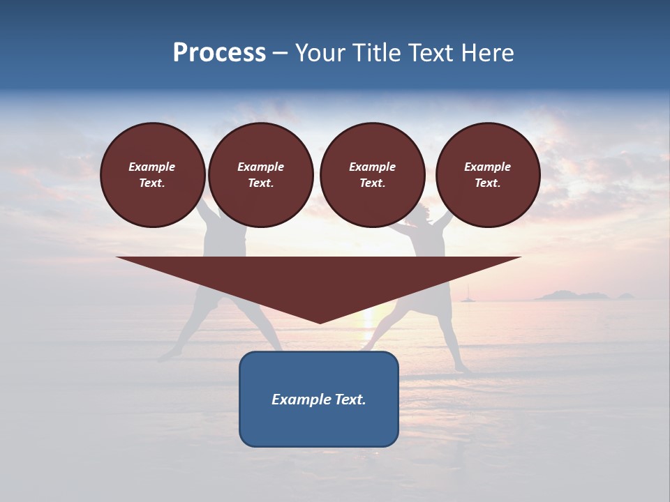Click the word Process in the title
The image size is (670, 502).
pyautogui.click(x=219, y=53)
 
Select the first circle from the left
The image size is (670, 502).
pyautogui.click(x=152, y=175)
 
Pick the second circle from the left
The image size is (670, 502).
pyautogui.click(x=260, y=175)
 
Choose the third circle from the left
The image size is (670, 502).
pyautogui.click(x=372, y=175)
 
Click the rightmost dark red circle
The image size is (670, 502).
pyautogui.click(x=487, y=175)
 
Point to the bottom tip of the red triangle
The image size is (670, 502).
pyautogui.click(x=320, y=322)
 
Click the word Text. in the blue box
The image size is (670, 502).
pyautogui.click(x=351, y=400)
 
